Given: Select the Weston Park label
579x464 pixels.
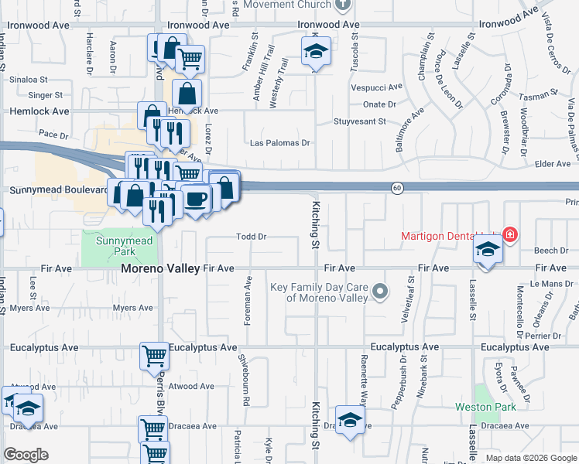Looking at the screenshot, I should [x=496, y=407].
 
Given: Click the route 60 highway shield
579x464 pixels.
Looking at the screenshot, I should [x=396, y=188].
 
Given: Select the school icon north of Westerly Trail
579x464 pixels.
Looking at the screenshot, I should [x=316, y=52].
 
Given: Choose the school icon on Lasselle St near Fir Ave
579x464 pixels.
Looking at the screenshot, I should [x=486, y=250].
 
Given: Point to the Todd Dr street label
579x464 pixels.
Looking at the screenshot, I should [x=252, y=237].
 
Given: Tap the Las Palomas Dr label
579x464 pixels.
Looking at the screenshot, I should [x=279, y=143].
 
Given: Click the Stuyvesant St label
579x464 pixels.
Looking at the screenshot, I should [x=359, y=121].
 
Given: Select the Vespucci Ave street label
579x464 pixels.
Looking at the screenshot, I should [x=377, y=87].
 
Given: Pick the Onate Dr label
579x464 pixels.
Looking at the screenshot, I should [x=379, y=104].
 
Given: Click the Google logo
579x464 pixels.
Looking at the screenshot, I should [x=26, y=455].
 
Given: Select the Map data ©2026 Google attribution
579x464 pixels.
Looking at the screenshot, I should [x=530, y=458].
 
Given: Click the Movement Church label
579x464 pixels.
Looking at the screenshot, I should [x=287, y=4].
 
